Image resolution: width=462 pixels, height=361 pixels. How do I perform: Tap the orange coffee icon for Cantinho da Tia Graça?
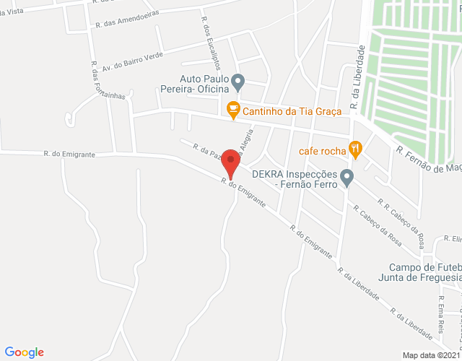pos(232,110)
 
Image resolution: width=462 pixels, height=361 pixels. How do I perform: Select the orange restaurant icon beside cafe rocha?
pos(355,150)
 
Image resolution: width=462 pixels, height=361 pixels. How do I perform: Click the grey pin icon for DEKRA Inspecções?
pos(347,176)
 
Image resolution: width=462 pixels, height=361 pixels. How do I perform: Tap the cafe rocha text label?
pos(323,152)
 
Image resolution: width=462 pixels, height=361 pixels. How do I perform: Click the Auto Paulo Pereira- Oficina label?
pos(205,84)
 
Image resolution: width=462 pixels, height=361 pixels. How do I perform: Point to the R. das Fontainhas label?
pos(107,79)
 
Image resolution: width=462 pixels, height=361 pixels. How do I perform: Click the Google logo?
pos(25,352)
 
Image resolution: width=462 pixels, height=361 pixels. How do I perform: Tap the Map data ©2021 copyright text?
pos(431,355)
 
